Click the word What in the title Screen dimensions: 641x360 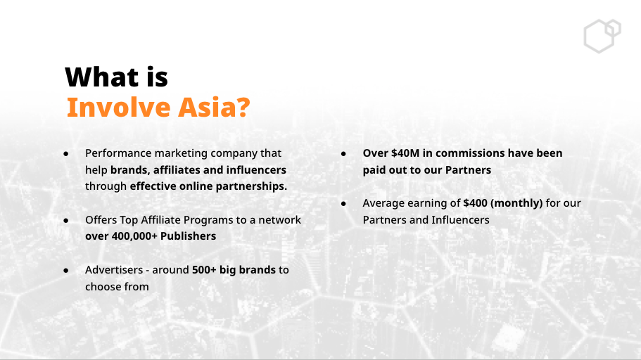(102, 77)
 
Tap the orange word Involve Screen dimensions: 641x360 (118, 107)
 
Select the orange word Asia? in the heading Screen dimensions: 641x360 (214, 107)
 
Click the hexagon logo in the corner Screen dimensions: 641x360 (602, 36)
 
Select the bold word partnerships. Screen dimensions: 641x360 (251, 186)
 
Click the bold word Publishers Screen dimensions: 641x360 (188, 236)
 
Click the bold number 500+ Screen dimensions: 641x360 (204, 270)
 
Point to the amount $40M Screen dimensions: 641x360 (405, 153)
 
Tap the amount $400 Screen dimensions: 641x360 (475, 203)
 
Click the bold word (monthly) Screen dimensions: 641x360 (516, 203)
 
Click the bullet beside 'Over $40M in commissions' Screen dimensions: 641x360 (343, 154)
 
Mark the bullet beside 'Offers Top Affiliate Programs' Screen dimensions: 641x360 (66, 220)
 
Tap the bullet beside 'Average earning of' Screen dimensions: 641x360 (343, 203)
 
